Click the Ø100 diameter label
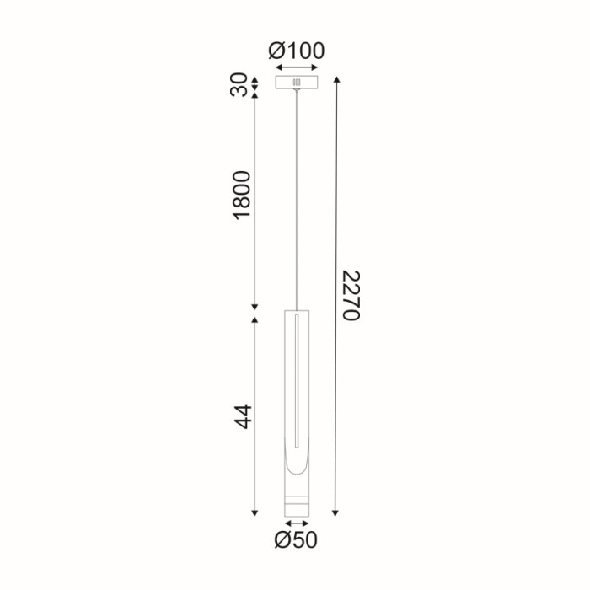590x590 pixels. [297, 51]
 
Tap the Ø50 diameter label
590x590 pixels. [296, 539]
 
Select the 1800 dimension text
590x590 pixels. [243, 196]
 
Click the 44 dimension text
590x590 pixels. [243, 416]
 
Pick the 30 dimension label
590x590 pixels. [242, 84]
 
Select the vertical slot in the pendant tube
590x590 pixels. [296, 379]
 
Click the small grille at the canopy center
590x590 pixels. [296, 83]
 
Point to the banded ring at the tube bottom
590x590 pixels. [296, 502]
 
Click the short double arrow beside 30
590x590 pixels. [255, 84]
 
